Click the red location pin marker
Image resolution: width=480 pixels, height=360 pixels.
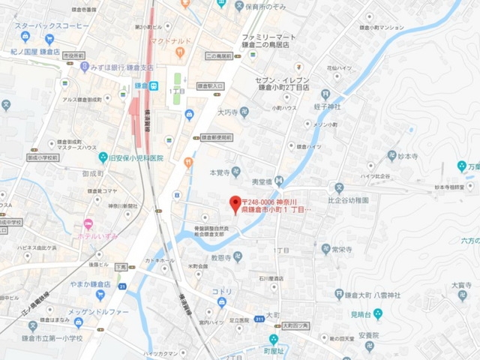[235, 202]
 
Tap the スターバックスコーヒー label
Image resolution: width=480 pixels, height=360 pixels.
[55, 25]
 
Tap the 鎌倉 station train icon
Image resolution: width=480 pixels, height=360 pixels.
[153, 85]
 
